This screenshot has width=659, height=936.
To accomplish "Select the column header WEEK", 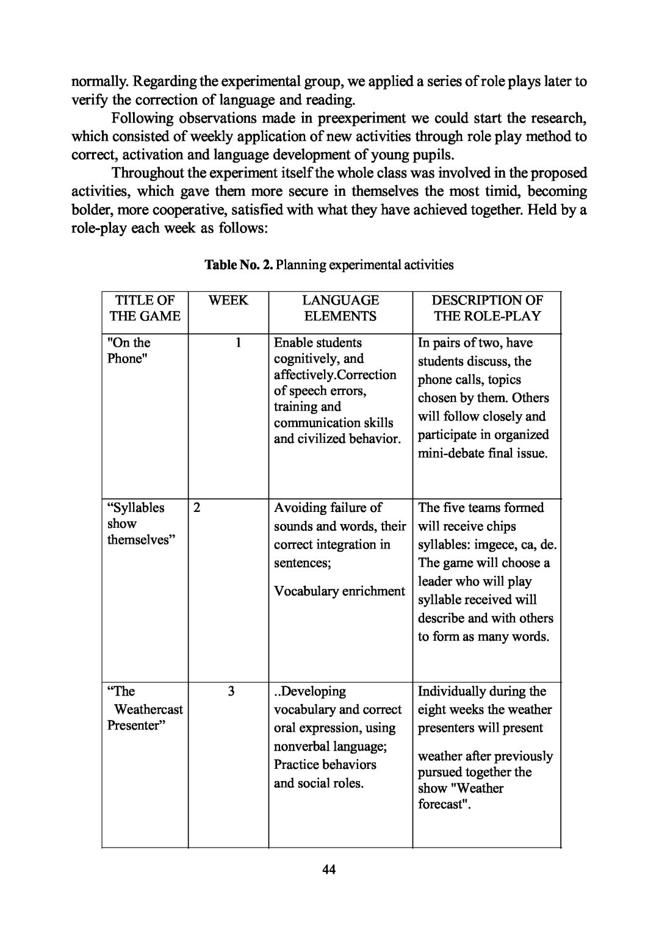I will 228,300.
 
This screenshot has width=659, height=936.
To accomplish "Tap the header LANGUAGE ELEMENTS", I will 340,308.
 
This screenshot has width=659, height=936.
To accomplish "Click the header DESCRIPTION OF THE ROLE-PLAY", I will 487,308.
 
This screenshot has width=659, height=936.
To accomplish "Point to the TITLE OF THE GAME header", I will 145,308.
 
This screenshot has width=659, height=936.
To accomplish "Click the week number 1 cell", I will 239,342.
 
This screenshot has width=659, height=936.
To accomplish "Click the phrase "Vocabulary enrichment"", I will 339,591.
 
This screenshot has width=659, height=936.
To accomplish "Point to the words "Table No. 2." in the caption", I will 239,265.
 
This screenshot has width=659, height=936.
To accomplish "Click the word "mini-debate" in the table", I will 450,453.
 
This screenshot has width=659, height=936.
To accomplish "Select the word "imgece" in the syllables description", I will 496,544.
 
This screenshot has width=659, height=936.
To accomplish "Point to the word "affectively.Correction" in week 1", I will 335,375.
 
